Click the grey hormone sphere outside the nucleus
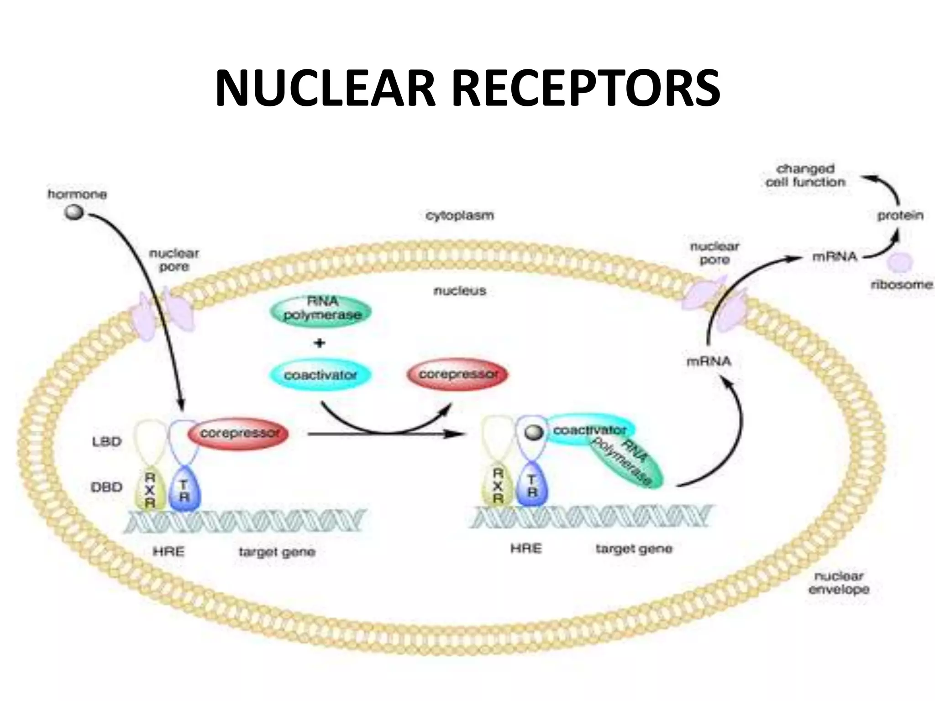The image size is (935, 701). [74, 212]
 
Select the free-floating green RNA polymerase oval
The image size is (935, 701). [321, 309]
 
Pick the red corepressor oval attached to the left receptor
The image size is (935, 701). [238, 434]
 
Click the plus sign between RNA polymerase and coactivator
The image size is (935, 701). [320, 343]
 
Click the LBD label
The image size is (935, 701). [106, 442]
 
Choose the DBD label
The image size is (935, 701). [106, 487]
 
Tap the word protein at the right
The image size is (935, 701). [899, 215]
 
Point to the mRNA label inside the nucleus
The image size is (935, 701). [709, 362]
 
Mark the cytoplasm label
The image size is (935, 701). [459, 215]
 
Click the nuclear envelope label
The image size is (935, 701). [838, 583]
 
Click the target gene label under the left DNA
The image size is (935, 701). [277, 552]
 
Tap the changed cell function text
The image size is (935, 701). [805, 176]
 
